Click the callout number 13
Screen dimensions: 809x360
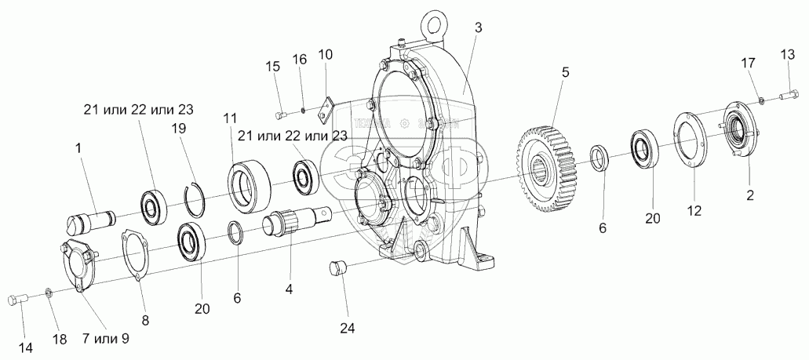point(787,53)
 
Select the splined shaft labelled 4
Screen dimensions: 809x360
point(299,220)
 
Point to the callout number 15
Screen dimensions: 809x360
point(273,67)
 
